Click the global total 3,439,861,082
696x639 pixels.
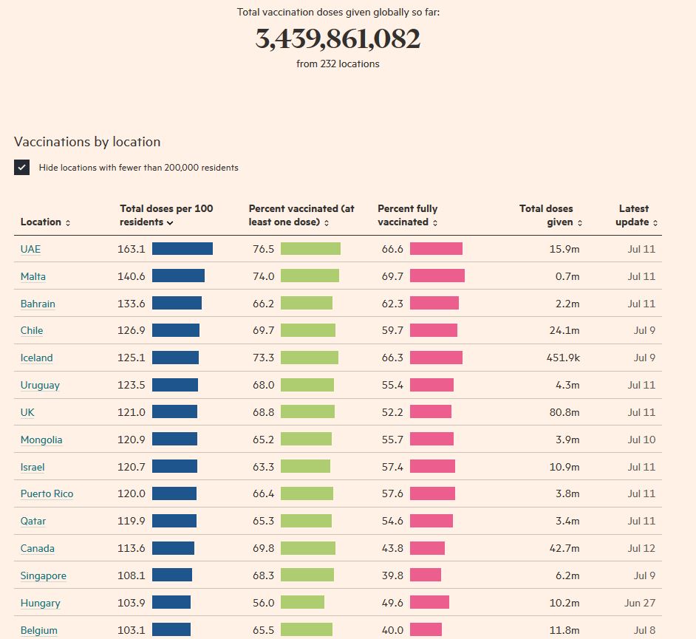coord(338,38)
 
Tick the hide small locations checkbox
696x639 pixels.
coord(21,167)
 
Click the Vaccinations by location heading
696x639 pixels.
coord(87,142)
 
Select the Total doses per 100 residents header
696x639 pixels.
coord(166,215)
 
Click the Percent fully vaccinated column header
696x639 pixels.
coord(407,215)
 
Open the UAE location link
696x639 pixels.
coord(30,249)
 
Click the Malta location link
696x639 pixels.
coord(33,276)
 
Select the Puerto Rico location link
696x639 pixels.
coord(47,493)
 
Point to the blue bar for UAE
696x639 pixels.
coord(182,249)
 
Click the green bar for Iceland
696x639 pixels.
coord(309,358)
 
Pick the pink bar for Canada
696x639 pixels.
coord(427,548)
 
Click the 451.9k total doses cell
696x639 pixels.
coord(563,358)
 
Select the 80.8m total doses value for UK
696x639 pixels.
coord(564,412)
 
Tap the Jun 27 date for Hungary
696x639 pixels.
coord(640,603)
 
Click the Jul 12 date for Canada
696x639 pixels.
coord(641,548)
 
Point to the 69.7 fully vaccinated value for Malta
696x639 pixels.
coord(392,276)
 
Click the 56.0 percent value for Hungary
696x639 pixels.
coord(263,603)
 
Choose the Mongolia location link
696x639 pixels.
coord(41,440)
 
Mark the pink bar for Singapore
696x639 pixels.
coord(426,575)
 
